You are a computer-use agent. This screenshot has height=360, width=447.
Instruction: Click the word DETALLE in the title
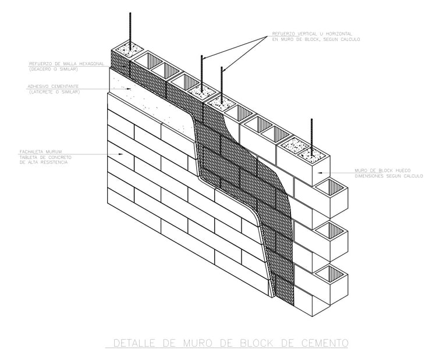pyautogui.click(x=133, y=343)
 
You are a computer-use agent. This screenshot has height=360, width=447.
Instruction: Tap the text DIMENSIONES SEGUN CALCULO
pyautogui.click(x=389, y=176)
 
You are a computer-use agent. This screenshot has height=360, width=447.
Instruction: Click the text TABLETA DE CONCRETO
pyautogui.click(x=44, y=158)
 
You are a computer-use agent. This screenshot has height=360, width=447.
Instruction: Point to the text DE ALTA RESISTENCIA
pyautogui.click(x=43, y=163)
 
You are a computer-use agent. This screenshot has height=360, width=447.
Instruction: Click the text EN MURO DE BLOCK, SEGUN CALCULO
pyautogui.click(x=315, y=40)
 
